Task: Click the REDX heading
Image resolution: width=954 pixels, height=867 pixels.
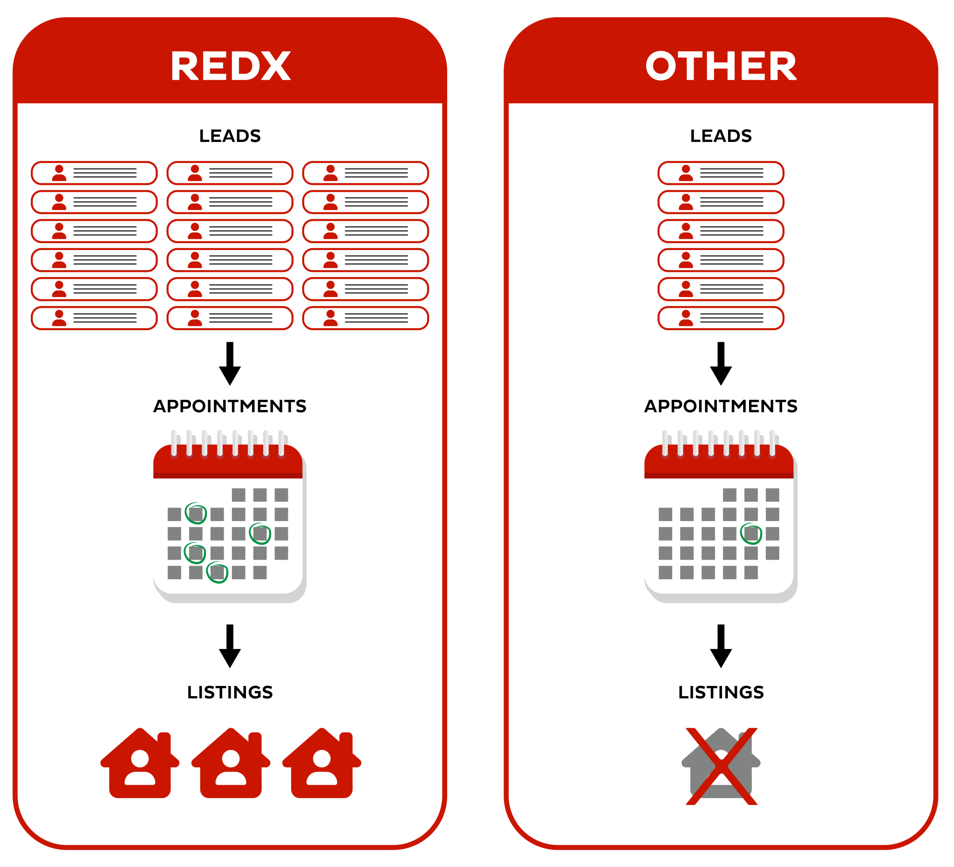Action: point(230,67)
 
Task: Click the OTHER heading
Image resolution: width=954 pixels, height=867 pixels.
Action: point(721,67)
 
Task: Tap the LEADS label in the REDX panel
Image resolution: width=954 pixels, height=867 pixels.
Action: point(230,136)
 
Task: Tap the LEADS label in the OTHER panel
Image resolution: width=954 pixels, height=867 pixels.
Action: point(721,136)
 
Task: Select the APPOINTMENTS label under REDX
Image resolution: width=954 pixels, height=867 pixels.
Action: point(230,406)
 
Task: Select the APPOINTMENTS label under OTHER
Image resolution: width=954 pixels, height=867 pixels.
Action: point(721,406)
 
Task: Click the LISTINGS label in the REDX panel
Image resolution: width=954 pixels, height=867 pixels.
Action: point(230,692)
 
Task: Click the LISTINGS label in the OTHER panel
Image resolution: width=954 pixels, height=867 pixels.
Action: point(721,692)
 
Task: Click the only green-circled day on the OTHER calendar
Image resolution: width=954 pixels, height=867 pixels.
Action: point(751,534)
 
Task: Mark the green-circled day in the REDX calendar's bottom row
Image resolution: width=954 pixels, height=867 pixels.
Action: point(217,573)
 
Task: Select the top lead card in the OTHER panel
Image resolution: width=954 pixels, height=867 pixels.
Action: point(721,173)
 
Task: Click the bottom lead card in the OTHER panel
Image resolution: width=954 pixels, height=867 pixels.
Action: point(721,318)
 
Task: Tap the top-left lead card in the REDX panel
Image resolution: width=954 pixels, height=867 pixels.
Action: point(94,173)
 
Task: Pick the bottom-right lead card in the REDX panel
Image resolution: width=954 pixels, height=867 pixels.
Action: point(365,318)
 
